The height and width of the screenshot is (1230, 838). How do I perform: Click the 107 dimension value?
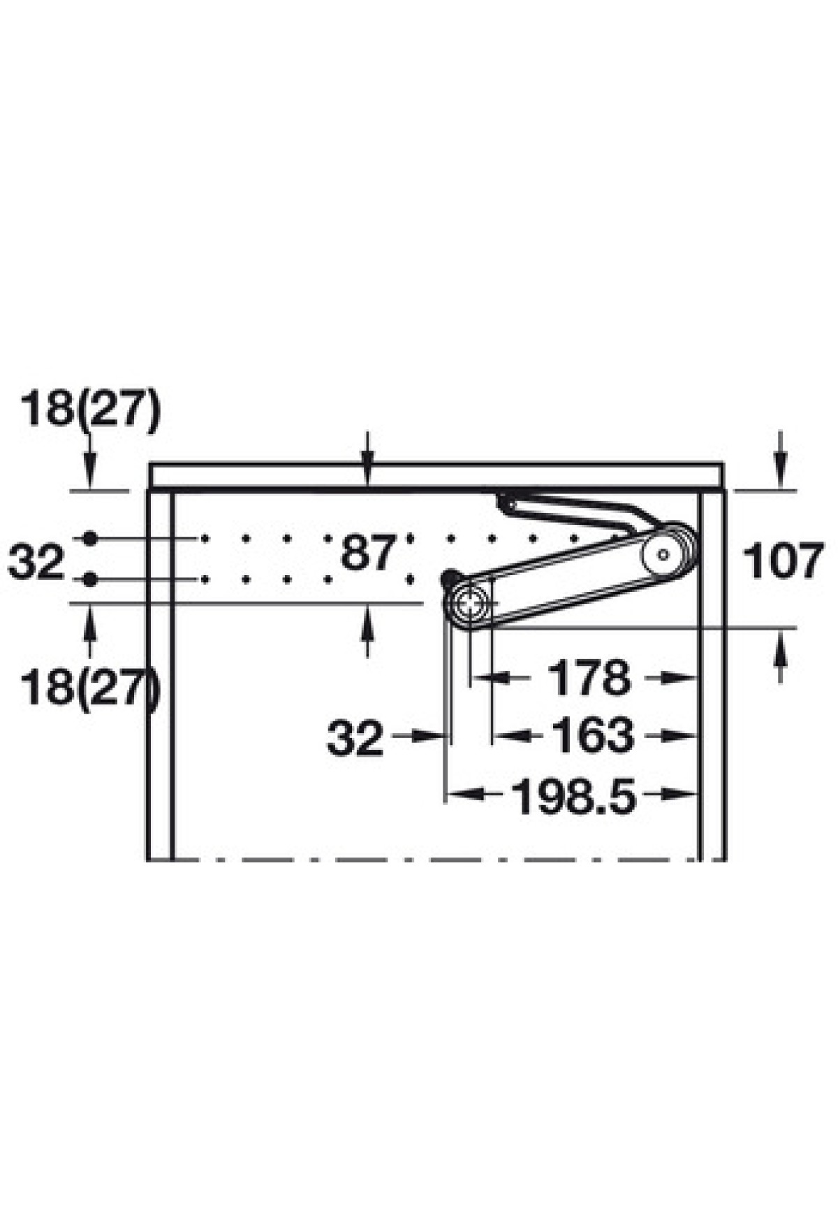pyautogui.click(x=783, y=560)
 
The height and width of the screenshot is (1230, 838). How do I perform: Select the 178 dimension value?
pyautogui.click(x=589, y=677)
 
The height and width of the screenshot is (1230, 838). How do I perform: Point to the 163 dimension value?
pyautogui.click(x=593, y=735)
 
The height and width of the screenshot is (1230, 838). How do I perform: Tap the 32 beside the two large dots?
pyautogui.click(x=36, y=561)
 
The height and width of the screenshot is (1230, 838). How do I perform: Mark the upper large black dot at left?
pyautogui.click(x=89, y=539)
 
